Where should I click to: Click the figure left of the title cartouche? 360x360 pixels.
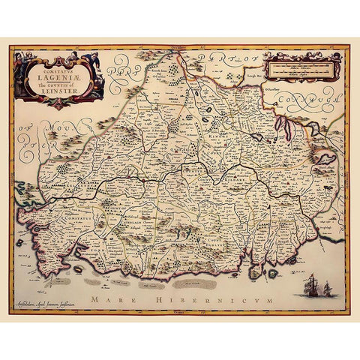click(x=20, y=61)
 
